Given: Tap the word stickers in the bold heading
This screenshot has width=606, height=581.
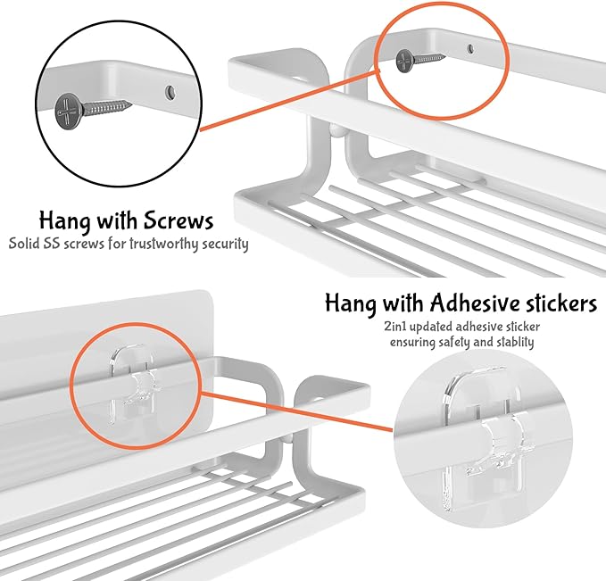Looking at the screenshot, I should coord(554,303).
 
